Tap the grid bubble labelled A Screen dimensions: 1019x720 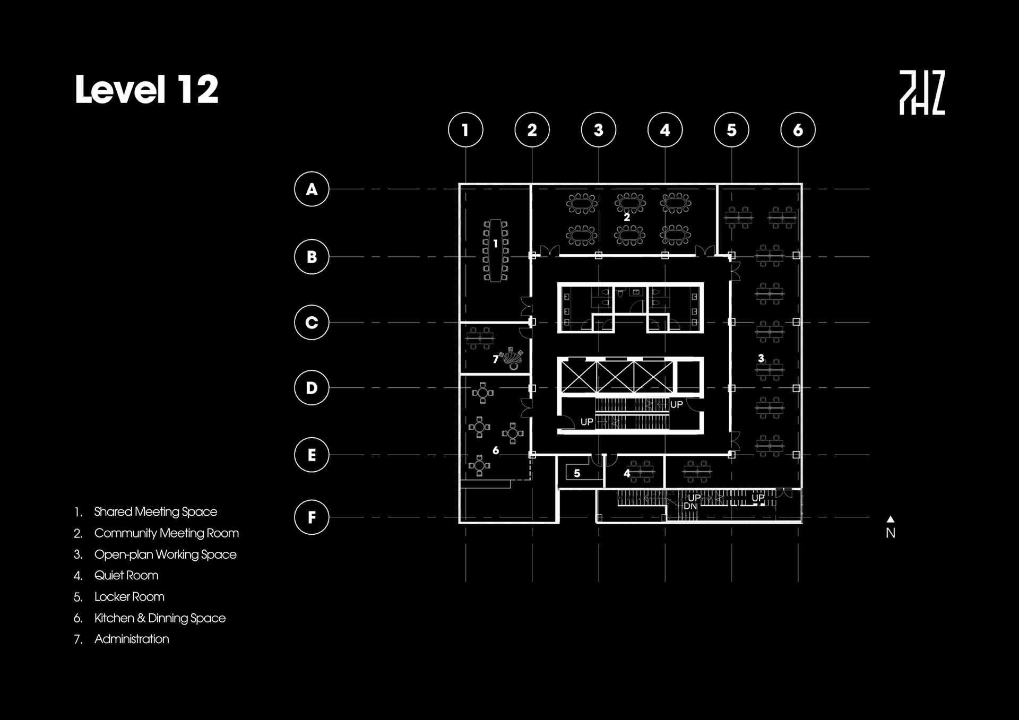(312, 189)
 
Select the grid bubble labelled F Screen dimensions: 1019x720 (312, 517)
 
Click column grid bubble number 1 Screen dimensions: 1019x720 (465, 129)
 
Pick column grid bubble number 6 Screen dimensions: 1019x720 (798, 129)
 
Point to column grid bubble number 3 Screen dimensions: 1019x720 (599, 129)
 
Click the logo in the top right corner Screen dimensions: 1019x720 (922, 93)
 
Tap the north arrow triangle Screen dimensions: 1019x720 (891, 519)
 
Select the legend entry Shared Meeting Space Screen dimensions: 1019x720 (156, 511)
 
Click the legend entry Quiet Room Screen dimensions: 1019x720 (126, 575)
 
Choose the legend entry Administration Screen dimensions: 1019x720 (132, 639)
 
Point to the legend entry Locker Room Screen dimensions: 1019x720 (129, 596)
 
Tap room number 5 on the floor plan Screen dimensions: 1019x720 (577, 473)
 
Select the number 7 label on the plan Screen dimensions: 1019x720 (495, 359)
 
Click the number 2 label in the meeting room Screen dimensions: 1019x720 (627, 217)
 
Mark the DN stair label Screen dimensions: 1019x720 (690, 506)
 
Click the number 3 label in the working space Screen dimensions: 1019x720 (761, 358)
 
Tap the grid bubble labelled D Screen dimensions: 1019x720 (312, 388)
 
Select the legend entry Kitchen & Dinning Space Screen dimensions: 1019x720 (160, 618)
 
